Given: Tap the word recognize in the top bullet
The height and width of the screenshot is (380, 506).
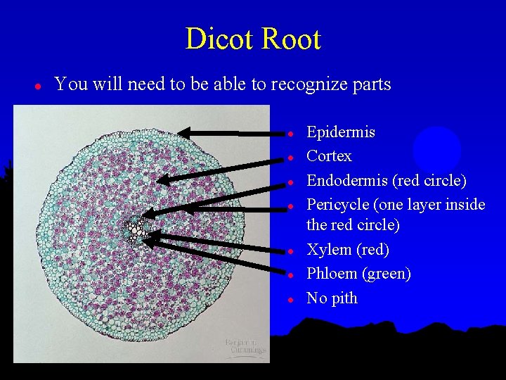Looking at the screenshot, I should coord(306,84).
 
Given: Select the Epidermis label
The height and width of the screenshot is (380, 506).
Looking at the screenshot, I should coord(341,132).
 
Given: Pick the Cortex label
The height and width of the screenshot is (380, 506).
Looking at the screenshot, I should coord(329,156).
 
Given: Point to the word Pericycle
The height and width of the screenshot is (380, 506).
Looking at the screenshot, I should coord(339,205).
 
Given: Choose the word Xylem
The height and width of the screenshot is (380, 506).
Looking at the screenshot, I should coord(329,250).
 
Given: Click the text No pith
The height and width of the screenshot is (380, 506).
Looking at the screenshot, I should coord(332,298).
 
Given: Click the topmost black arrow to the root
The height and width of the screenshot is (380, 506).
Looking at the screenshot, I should coord(225,132).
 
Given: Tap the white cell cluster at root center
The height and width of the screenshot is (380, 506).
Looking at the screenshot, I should coord(134,229).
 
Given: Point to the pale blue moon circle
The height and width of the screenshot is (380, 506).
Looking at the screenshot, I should coord(436,149).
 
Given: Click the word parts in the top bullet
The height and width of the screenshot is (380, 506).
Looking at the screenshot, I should coord(370,85).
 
